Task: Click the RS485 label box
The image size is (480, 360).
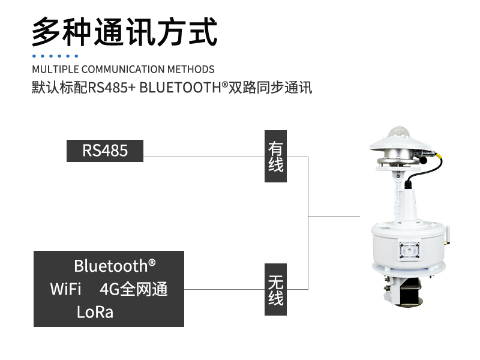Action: tap(105, 151)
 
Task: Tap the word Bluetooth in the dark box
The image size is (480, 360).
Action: tap(110, 266)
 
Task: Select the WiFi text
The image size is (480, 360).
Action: tap(66, 289)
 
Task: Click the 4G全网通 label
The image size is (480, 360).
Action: tap(133, 289)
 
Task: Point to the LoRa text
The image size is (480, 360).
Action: tap(95, 312)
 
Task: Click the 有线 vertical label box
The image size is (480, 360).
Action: tap(275, 156)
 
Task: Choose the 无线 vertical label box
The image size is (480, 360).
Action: tap(275, 289)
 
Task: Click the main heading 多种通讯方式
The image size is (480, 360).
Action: tap(124, 31)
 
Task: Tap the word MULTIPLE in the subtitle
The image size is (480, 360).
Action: tap(55, 69)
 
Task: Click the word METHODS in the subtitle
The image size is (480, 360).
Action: tap(191, 69)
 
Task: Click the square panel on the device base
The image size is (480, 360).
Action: tap(410, 248)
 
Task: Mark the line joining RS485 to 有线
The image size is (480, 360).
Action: tap(204, 157)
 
